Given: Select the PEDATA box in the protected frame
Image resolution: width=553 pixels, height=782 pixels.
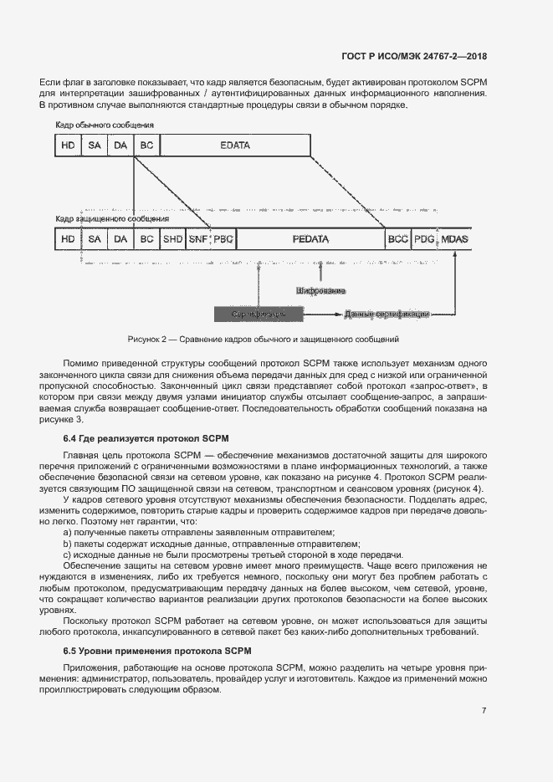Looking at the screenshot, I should coord(310,239).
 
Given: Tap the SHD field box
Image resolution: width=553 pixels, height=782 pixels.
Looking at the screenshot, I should coord(173,239).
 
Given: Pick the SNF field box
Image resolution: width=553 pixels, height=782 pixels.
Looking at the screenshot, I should coord(198,239).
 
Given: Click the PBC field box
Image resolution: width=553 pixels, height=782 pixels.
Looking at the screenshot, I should coord(223,239).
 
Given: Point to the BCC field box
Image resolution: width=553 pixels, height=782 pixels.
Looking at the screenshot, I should coord(397,239).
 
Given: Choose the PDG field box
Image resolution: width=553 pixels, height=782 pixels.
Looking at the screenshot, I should coord(424,239).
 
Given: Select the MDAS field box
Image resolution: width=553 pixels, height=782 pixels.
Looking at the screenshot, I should coord(455,239).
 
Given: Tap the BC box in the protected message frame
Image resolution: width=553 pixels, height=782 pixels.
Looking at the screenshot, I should coord(147,239).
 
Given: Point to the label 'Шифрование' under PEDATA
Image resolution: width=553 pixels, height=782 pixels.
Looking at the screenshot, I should coord(320,291).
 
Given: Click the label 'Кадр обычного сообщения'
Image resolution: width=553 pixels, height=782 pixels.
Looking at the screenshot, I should coord(105,125).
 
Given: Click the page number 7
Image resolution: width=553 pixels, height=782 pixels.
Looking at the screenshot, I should coord(484,711).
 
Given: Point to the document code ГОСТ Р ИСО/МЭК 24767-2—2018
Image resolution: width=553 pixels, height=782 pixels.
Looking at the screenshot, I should coord(414,56).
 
